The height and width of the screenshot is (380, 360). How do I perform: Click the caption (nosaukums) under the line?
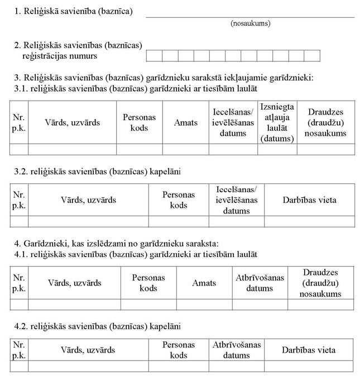(x=249, y=23)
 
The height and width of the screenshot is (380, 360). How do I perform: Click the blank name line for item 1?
(x=249, y=16)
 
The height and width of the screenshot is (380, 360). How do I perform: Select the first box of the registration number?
(x=153, y=55)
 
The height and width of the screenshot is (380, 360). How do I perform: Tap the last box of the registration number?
(x=312, y=55)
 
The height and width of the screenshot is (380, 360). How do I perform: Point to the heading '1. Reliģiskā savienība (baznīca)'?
(x=74, y=11)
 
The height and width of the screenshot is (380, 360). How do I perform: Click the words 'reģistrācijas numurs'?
(x=56, y=56)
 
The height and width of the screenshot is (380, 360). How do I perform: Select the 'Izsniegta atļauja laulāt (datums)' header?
(x=277, y=122)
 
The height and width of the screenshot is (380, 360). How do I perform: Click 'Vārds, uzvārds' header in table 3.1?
(x=73, y=122)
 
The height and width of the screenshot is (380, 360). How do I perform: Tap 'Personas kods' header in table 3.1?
(x=140, y=122)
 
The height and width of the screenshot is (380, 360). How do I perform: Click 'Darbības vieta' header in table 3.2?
(x=309, y=200)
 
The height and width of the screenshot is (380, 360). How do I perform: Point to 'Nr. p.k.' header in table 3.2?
(x=19, y=200)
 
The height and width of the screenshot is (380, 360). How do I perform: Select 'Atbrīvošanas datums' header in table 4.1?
(x=260, y=283)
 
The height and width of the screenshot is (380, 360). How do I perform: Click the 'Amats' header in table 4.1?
(x=204, y=283)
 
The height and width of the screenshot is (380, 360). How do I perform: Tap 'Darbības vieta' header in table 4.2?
(x=309, y=350)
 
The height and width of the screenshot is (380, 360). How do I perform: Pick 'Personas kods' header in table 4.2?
(x=179, y=350)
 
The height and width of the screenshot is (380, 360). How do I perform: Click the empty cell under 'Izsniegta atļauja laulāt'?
(x=277, y=149)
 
